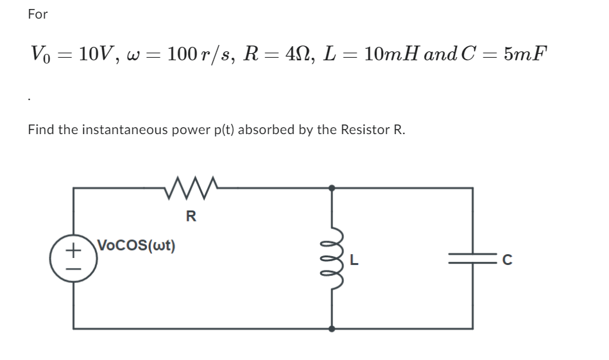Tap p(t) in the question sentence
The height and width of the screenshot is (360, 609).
pos(224,130)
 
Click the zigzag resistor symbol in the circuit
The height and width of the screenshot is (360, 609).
pos(191,188)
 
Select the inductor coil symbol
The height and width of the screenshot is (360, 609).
pos(332,257)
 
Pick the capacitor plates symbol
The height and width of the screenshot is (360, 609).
pos(472,259)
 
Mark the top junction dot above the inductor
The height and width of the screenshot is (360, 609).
pos(332,188)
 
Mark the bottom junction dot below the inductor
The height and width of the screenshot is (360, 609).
pos(332,329)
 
